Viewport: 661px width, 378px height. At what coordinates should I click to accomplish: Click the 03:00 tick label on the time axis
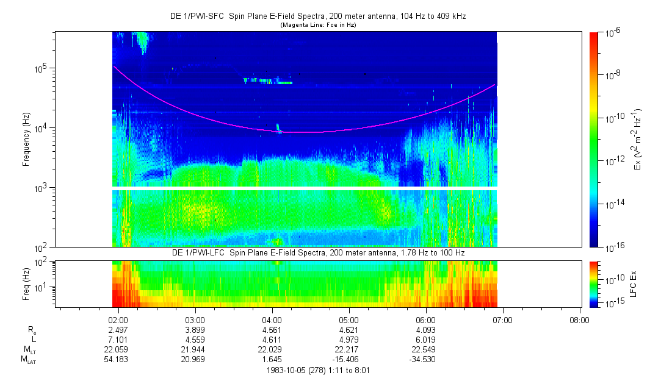tap(195, 319)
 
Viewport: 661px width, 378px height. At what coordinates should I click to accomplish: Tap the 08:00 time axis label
tap(579, 319)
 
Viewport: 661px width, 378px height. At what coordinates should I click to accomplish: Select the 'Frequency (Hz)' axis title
tap(26, 140)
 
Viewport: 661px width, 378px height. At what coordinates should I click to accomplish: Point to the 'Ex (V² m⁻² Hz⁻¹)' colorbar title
tap(638, 140)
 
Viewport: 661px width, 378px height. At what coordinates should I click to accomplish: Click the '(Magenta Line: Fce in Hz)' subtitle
tap(318, 25)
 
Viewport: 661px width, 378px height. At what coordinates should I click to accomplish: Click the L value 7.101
tap(118, 339)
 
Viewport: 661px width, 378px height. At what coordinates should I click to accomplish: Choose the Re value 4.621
tap(349, 329)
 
